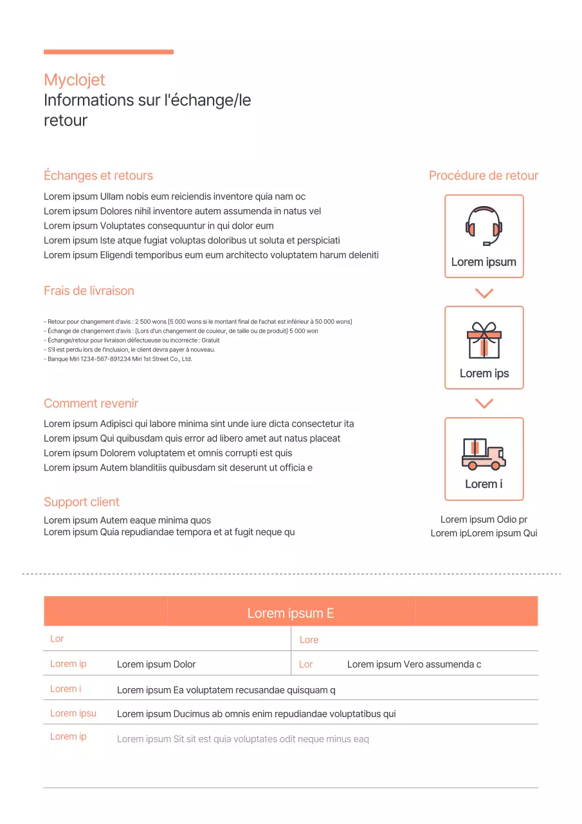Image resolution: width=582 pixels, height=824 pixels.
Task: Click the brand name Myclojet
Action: pos(74,80)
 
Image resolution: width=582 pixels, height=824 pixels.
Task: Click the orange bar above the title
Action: pos(108,52)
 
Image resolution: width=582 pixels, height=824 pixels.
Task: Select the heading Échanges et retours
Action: pos(98,176)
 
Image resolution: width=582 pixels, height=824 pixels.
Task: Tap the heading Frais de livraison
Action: pos(89,291)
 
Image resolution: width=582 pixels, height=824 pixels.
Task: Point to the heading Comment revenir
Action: pos(91,404)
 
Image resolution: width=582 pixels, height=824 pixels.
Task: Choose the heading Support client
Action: pos(81,502)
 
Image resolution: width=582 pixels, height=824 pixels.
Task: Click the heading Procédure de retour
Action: pos(483,176)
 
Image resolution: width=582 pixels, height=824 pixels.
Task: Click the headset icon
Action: pos(484,225)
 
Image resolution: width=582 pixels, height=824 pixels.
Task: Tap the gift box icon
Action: pos(484,340)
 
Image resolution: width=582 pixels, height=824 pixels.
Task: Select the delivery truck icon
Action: pos(484,453)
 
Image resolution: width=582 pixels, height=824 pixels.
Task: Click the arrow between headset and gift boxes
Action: pos(484,294)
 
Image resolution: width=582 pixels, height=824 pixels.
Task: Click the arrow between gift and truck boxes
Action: pos(484,404)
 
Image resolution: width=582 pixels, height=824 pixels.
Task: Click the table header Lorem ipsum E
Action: pos(290,613)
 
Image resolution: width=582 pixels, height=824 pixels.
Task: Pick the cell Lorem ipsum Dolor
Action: pos(156,664)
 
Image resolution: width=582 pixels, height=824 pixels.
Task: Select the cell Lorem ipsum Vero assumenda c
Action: pos(414,664)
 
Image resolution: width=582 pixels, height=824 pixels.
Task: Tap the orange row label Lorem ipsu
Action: pos(73,713)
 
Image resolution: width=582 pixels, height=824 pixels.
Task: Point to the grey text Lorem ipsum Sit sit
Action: pos(242,739)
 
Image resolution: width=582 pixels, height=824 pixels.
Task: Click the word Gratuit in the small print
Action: pos(210,341)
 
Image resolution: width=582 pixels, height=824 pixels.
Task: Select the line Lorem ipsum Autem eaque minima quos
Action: pos(127,520)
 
